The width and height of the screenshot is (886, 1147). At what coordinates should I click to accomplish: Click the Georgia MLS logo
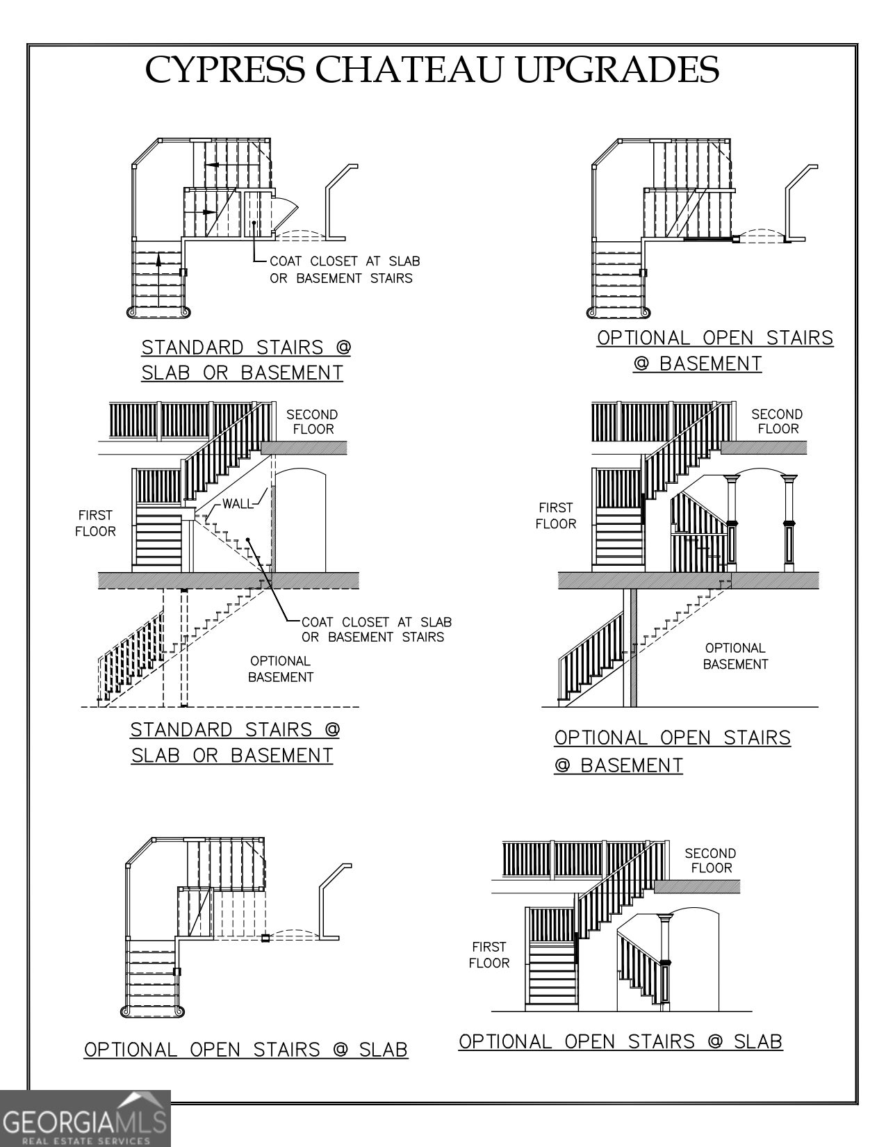[x=85, y=1118]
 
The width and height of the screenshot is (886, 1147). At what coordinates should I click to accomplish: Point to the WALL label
[x=238, y=504]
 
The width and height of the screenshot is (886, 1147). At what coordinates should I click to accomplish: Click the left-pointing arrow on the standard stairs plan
[x=222, y=165]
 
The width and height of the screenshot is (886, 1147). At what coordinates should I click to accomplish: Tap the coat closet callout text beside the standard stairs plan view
[x=344, y=270]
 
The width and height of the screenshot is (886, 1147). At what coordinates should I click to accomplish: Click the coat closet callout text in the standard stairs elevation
[x=376, y=629]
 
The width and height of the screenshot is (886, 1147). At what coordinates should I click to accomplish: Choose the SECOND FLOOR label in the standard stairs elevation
[x=312, y=422]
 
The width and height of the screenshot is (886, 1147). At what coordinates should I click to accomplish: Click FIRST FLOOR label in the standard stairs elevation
[x=96, y=523]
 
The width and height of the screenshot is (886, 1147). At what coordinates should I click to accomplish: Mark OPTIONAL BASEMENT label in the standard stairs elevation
[x=281, y=669]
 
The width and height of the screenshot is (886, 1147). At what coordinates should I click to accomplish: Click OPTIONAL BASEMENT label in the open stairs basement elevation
[x=735, y=656]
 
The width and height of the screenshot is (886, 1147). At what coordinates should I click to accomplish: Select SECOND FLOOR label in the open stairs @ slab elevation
[x=711, y=861]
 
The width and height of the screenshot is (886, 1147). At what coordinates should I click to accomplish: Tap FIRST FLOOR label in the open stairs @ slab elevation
[x=489, y=954]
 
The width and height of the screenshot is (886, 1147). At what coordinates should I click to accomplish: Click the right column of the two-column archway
[x=789, y=523]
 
